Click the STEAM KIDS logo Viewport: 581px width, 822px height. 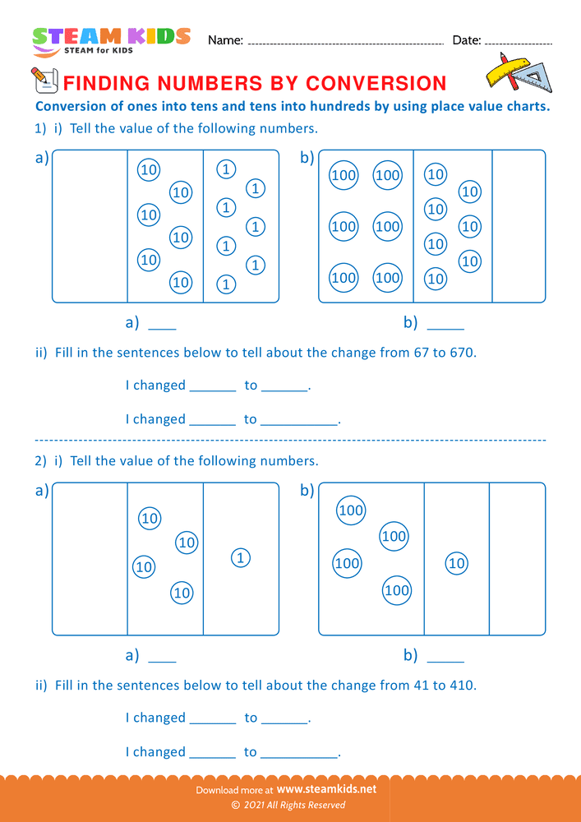[x=111, y=39]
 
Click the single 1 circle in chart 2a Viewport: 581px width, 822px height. [x=240, y=558]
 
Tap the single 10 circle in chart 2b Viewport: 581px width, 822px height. [x=456, y=563]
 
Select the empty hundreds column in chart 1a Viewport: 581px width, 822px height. [x=90, y=226]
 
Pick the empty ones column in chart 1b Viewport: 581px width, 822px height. [x=519, y=226]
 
